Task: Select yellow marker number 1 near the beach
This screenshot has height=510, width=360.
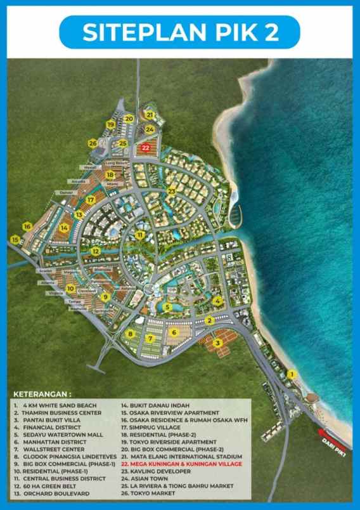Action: tap(292, 374)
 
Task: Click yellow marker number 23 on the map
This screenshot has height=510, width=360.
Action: tap(171, 191)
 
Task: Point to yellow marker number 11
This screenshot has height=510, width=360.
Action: tap(138, 235)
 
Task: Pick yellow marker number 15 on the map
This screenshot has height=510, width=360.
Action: tap(15, 239)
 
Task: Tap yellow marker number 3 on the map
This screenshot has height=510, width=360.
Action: tap(217, 343)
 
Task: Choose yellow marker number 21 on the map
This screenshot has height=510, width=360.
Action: tap(150, 115)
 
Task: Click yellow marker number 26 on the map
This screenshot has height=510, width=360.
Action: tap(93, 143)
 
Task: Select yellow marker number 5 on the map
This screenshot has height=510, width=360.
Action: tap(166, 307)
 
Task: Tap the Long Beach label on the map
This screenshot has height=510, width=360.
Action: tap(120, 162)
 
